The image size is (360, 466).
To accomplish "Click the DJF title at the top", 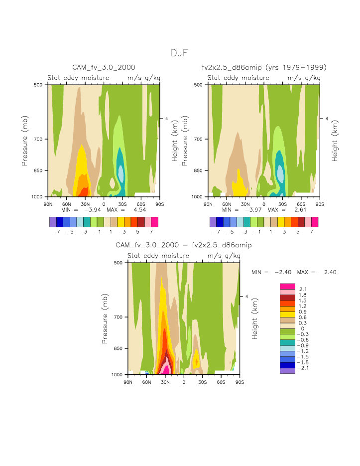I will (180, 53).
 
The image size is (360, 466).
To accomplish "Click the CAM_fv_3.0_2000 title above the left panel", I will (104, 67).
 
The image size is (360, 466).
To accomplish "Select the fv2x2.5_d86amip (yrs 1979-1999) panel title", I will (264, 67).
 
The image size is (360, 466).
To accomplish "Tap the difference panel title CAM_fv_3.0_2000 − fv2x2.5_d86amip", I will (184, 245).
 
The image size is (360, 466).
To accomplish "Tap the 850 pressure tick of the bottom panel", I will (119, 348).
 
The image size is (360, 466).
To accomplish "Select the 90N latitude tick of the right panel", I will (208, 204).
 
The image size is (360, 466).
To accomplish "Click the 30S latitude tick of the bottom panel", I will (202, 382).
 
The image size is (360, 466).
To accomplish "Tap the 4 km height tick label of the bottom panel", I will (247, 297).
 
